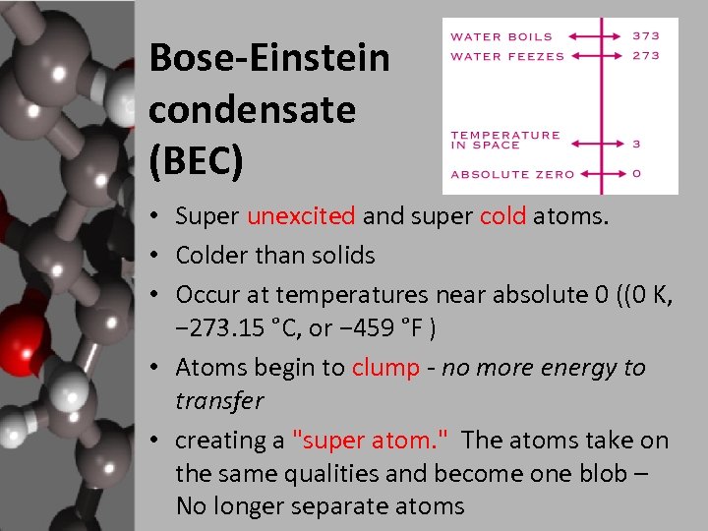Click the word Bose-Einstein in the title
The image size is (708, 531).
point(269,60)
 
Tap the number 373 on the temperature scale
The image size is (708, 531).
point(646,35)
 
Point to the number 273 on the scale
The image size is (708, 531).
point(646,56)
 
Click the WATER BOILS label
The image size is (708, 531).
point(501,36)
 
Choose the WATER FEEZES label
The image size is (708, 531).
point(507,56)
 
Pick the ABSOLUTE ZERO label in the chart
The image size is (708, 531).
point(512,175)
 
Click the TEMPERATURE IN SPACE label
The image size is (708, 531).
point(505,140)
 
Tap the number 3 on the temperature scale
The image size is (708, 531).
point(636,144)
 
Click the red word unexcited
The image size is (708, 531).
point(302,216)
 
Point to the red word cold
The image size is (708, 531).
point(503,216)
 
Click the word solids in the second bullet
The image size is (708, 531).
point(338,256)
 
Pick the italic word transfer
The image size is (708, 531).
point(219,401)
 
